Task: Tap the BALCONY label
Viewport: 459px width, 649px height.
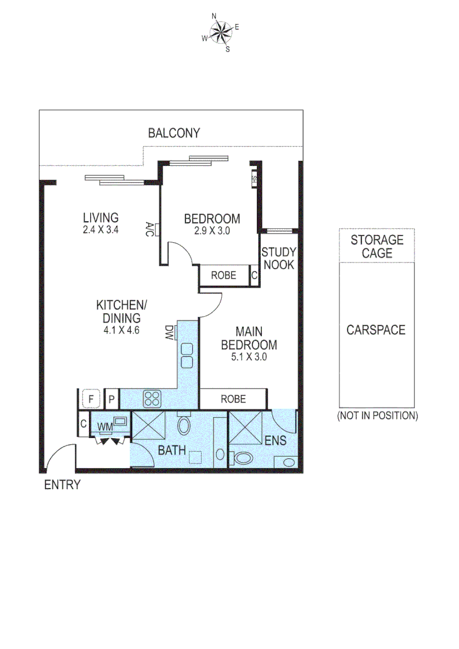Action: (x=174, y=133)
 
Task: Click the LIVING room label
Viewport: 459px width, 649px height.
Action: (x=100, y=218)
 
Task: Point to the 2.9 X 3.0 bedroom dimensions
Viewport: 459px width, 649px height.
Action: (x=211, y=230)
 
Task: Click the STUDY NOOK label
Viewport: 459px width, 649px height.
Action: (x=278, y=258)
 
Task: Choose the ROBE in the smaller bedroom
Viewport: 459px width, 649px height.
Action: (x=223, y=276)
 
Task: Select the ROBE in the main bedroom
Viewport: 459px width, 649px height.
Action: (x=233, y=398)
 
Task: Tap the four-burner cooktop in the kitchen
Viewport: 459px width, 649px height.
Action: (x=151, y=397)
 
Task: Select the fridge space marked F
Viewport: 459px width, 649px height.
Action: (x=91, y=398)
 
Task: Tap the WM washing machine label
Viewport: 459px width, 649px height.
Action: (x=106, y=427)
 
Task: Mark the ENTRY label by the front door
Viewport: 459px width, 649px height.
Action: (x=62, y=485)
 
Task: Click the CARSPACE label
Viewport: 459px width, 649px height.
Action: (x=376, y=330)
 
